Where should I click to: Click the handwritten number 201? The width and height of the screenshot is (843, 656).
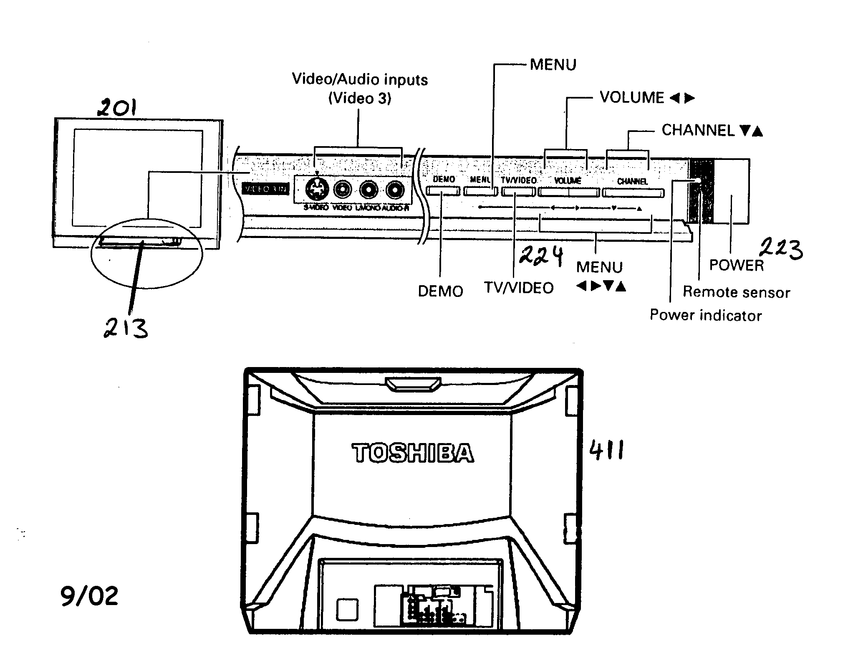pyautogui.click(x=117, y=108)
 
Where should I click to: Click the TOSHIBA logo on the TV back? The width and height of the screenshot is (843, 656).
pyautogui.click(x=413, y=453)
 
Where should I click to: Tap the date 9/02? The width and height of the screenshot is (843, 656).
pyautogui.click(x=89, y=596)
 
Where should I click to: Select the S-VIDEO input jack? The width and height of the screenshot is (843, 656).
pyautogui.click(x=317, y=190)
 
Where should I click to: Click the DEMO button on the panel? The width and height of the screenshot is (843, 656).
pyautogui.click(x=443, y=191)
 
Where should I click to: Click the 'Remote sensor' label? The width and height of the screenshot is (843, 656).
pyautogui.click(x=736, y=292)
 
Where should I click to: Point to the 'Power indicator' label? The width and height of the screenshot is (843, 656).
pyautogui.click(x=705, y=315)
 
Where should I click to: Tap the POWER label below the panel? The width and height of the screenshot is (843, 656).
pyautogui.click(x=736, y=265)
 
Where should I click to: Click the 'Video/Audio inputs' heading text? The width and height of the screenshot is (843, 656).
pyautogui.click(x=360, y=79)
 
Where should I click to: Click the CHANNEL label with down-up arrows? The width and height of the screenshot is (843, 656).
pyautogui.click(x=712, y=131)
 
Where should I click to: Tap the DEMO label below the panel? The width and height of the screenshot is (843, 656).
pyautogui.click(x=441, y=291)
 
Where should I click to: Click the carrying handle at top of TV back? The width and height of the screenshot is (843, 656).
pyautogui.click(x=412, y=384)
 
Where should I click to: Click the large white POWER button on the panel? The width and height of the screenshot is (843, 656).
pyautogui.click(x=731, y=191)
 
